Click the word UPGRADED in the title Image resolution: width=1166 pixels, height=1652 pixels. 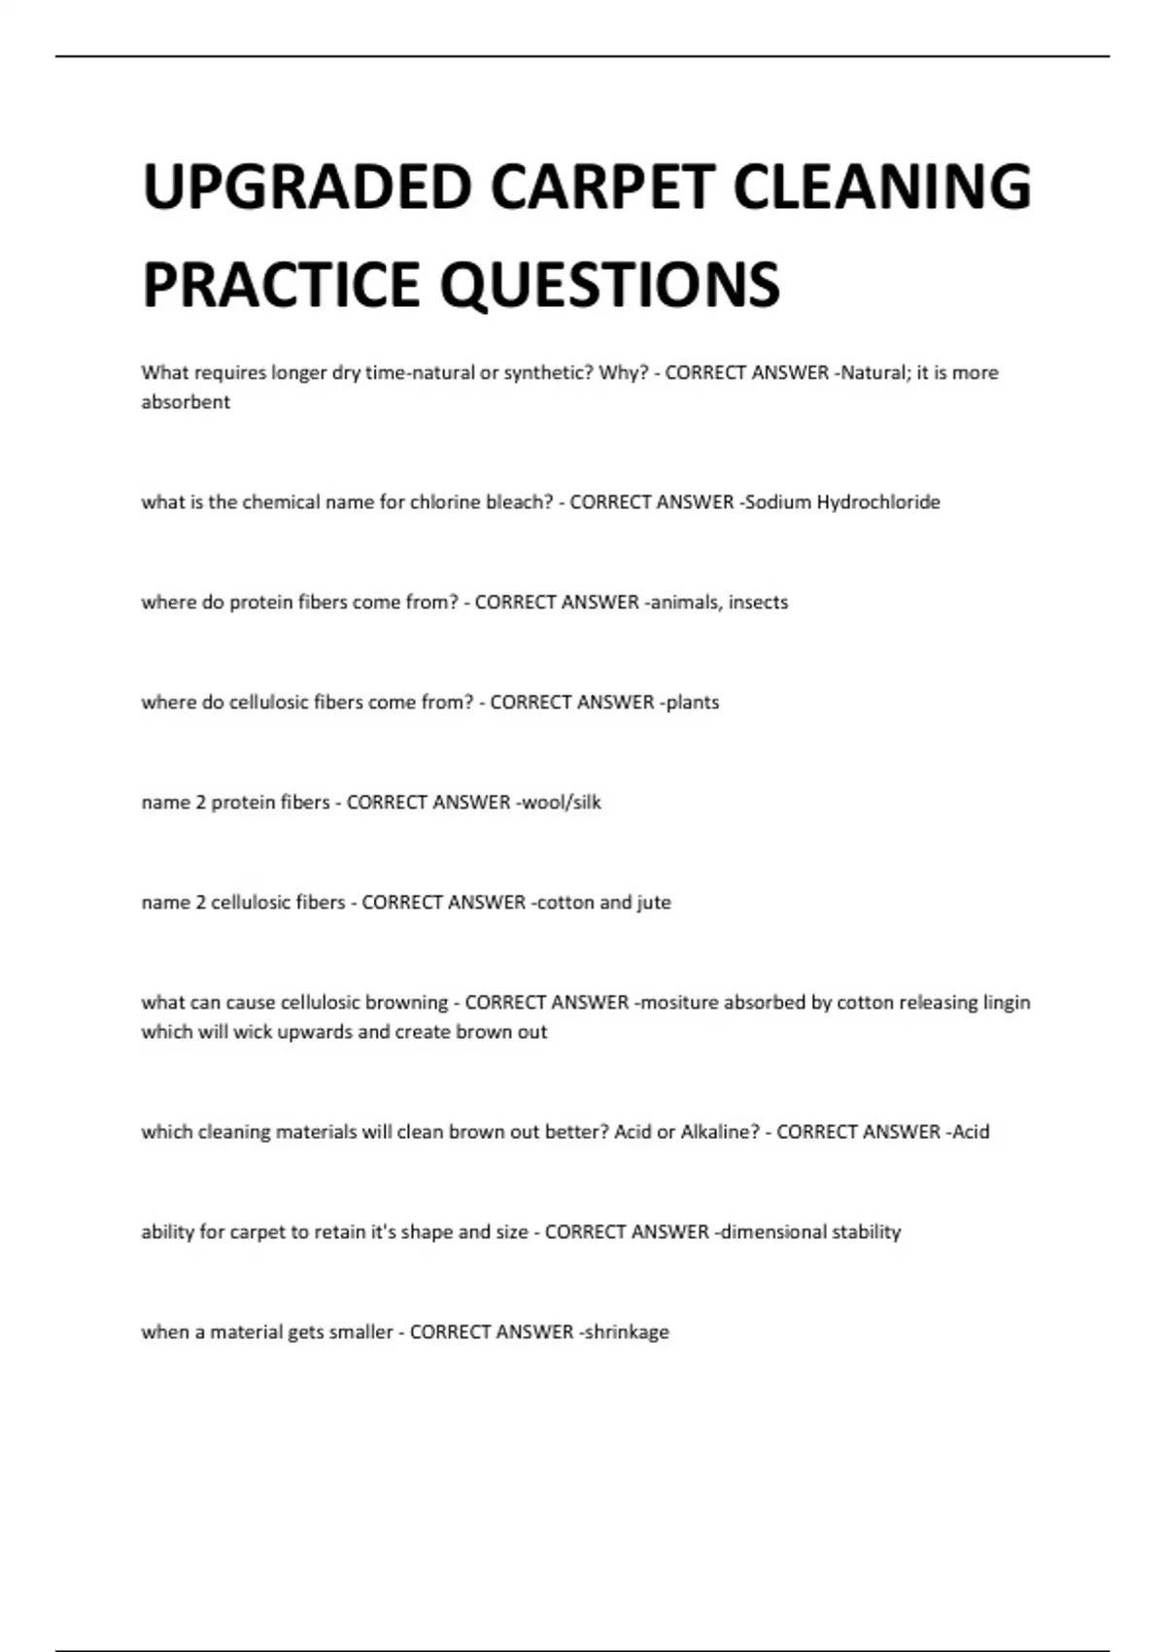click(x=307, y=187)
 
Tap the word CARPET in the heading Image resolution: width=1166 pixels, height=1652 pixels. click(x=602, y=187)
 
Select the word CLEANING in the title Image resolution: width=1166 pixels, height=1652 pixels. click(x=882, y=187)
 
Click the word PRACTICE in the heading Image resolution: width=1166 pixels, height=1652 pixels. click(x=283, y=284)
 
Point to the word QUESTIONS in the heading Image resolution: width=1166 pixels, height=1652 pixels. click(x=610, y=284)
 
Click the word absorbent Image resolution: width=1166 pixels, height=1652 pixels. click(x=186, y=402)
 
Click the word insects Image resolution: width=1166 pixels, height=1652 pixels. click(x=758, y=602)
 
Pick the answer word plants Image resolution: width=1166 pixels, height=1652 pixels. click(x=693, y=703)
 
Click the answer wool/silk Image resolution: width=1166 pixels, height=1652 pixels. click(x=563, y=803)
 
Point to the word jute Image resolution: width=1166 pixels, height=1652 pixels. click(x=654, y=903)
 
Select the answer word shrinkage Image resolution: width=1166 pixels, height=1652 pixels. click(x=627, y=1332)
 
